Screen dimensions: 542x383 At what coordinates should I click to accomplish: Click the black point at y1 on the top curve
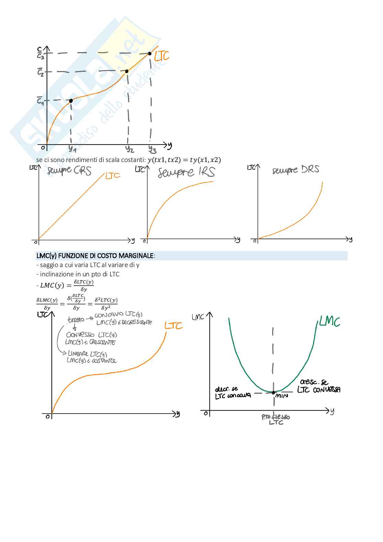click(71, 101)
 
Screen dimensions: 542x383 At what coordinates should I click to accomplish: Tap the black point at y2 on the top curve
click(127, 71)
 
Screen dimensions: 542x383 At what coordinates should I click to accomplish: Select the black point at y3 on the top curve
click(150, 53)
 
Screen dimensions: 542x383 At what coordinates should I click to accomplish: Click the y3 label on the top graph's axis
click(152, 149)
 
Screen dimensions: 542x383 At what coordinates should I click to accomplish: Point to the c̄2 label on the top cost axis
click(40, 72)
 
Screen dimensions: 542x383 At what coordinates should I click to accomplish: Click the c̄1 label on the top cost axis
click(40, 101)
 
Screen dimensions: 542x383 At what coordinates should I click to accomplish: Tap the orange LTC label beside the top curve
click(162, 56)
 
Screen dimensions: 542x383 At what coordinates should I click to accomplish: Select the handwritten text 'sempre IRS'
click(186, 172)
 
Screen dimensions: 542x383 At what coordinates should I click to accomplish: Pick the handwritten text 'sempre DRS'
click(296, 170)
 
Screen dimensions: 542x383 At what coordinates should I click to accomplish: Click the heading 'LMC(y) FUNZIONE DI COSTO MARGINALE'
click(95, 256)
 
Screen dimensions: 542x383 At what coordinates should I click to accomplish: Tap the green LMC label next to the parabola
click(329, 322)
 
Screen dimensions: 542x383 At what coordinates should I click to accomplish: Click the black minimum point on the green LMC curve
click(273, 392)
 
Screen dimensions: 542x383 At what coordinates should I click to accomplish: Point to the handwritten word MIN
click(281, 396)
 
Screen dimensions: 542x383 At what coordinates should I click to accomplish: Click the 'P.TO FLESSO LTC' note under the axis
click(276, 419)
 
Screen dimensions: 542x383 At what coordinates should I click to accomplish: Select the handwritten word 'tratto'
click(76, 320)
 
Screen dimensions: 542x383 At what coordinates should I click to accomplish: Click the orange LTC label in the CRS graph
click(113, 176)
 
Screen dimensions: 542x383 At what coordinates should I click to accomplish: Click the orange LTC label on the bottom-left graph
click(173, 325)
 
